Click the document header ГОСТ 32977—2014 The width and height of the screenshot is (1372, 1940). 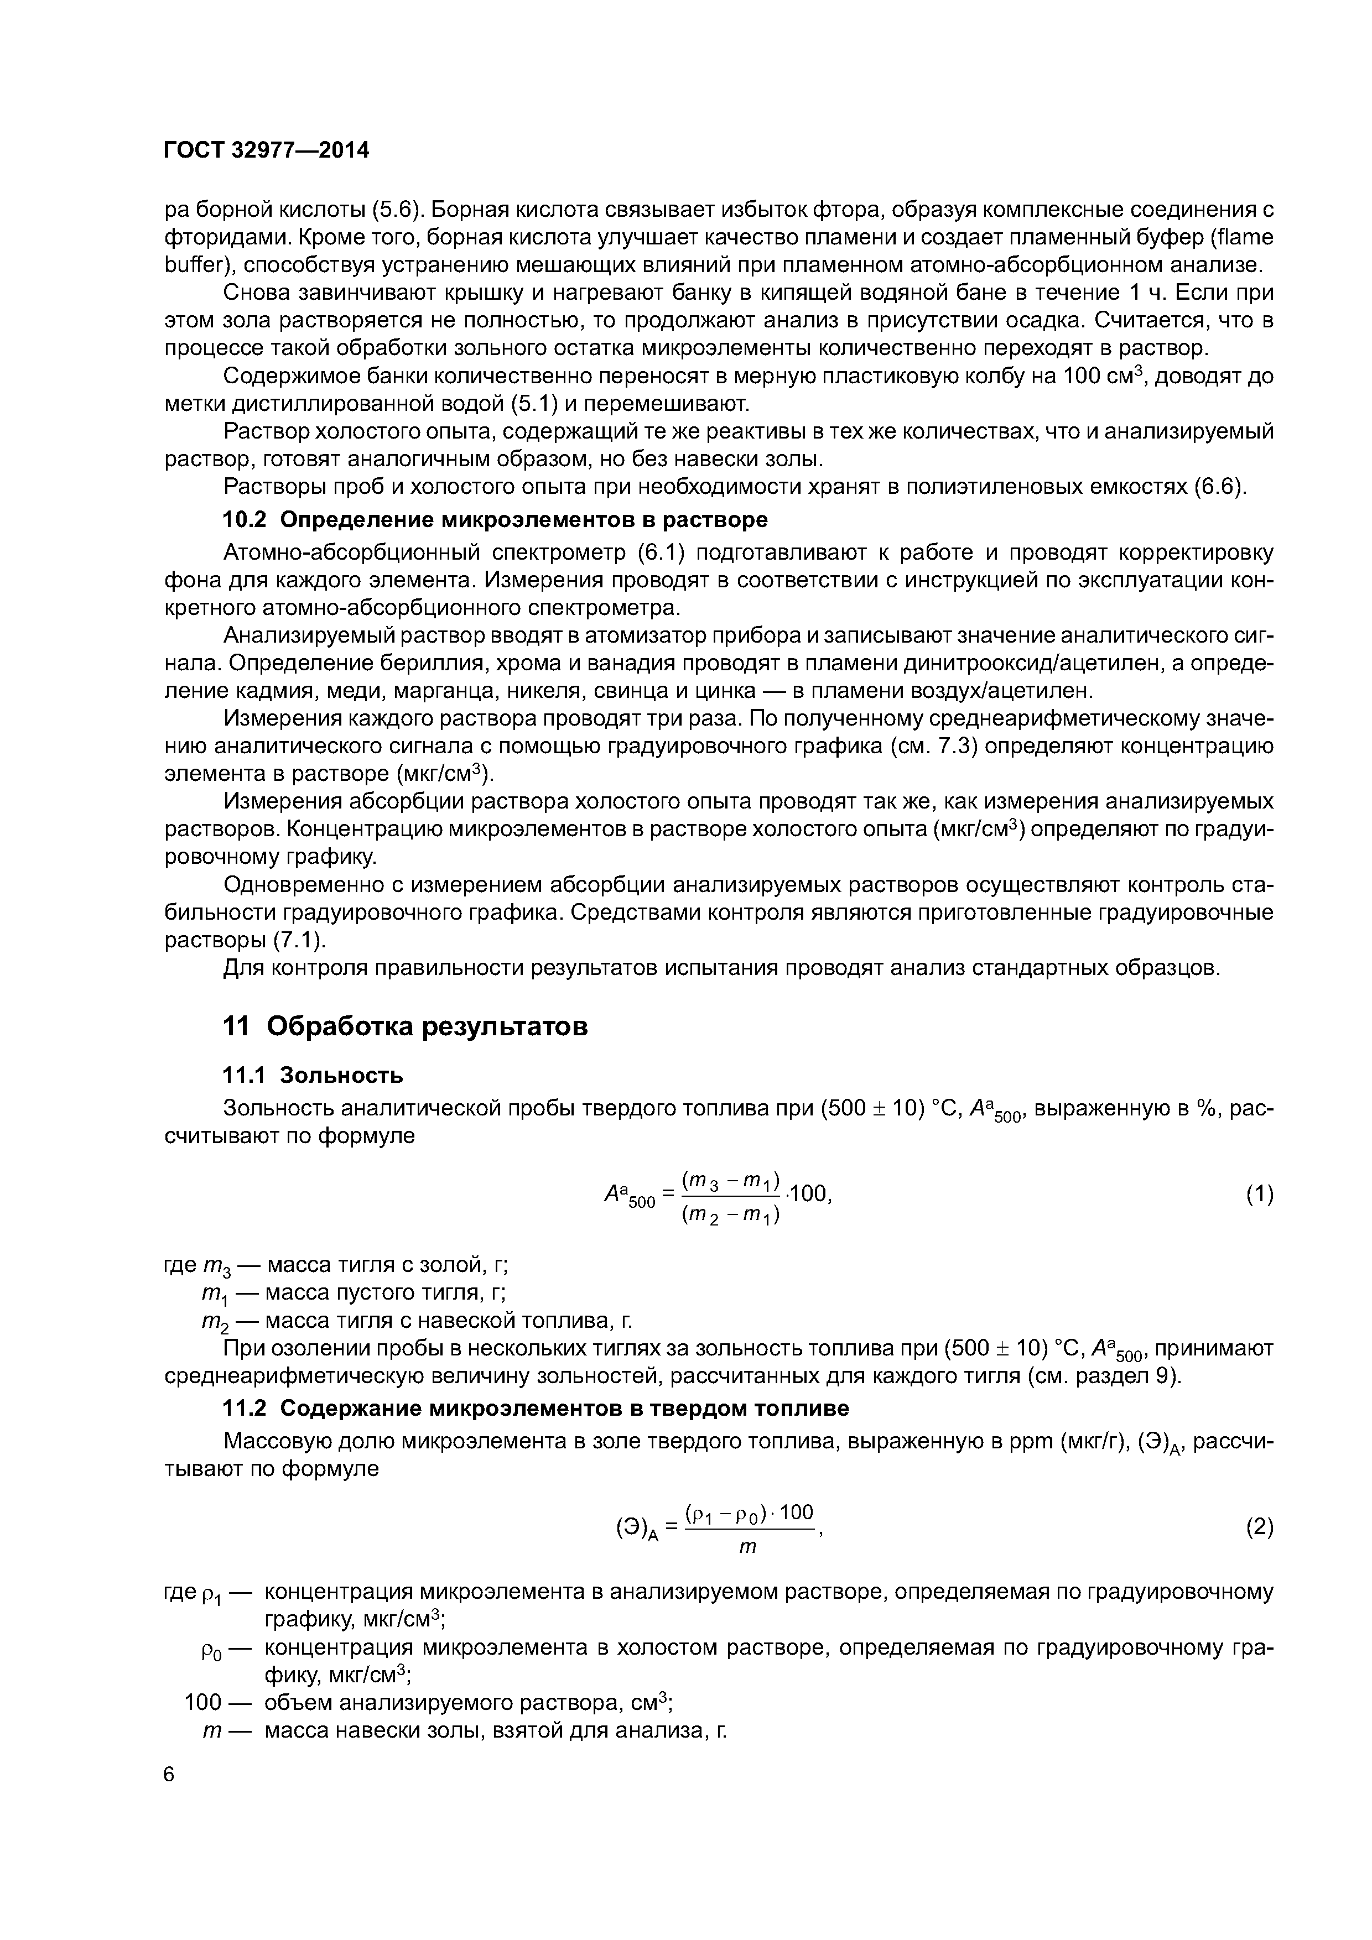[266, 150]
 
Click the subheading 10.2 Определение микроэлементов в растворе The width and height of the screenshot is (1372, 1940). [495, 519]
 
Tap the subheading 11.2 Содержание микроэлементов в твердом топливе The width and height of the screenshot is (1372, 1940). [535, 1409]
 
